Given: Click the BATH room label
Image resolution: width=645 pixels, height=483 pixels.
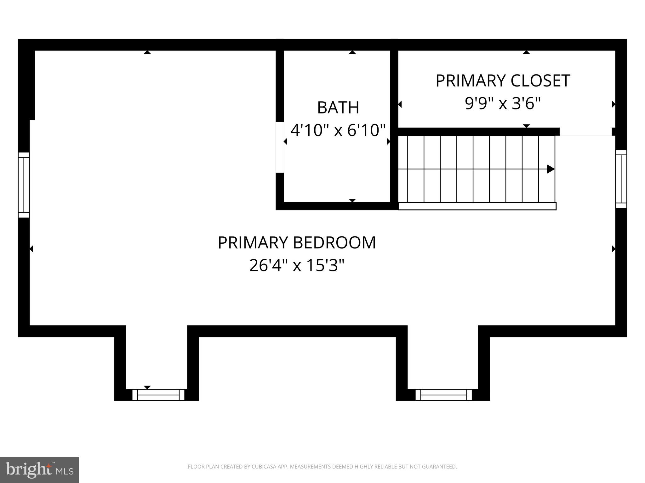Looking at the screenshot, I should tap(338, 108).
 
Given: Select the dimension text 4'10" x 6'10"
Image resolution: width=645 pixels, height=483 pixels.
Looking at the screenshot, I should tap(338, 130).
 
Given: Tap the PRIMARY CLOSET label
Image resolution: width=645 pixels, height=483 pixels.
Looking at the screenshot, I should tap(503, 81).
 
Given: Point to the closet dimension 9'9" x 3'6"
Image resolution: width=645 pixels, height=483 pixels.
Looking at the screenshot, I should tap(503, 103).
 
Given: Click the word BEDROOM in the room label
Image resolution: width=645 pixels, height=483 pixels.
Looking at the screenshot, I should tap(334, 243).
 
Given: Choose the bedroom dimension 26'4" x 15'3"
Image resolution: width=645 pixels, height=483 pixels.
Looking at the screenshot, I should tap(297, 265).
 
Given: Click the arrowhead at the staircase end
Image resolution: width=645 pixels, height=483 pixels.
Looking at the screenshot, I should tap(550, 169).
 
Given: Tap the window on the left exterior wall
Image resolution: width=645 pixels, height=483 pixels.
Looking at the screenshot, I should tap(24, 185).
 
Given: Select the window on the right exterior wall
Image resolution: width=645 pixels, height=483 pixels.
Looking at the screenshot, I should tap(621, 179).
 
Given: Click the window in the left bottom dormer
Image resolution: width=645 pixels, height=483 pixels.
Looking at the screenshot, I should tap(158, 395).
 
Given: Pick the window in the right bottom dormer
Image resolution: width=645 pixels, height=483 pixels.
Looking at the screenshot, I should tap(443, 395).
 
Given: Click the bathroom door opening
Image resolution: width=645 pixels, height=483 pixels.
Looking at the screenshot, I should tap(280, 147).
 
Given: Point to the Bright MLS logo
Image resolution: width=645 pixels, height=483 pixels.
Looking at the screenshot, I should tap(39, 470).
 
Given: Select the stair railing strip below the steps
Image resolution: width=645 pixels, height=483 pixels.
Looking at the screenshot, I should tap(477, 206).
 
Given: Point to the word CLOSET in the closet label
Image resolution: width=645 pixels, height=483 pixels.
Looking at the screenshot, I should tap(540, 81).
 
